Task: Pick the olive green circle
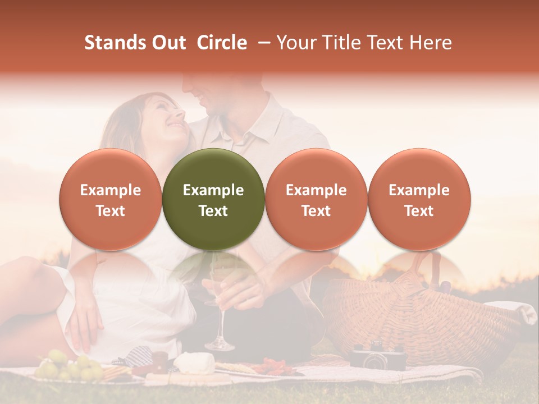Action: pos(213,199)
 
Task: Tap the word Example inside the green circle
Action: pos(213,190)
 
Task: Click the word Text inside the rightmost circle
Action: pos(419,211)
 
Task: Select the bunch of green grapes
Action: pos(70,366)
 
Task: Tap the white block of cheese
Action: pos(194,364)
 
